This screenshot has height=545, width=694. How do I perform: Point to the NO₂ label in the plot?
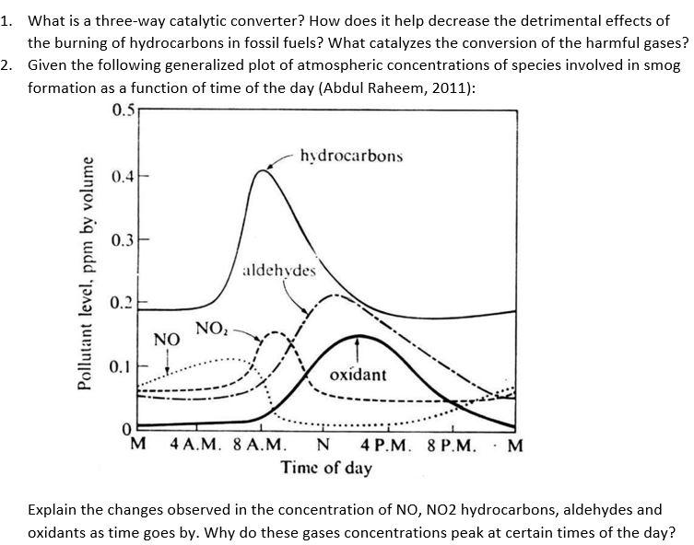[x=211, y=329]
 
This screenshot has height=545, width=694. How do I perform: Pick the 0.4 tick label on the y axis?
[x=122, y=175]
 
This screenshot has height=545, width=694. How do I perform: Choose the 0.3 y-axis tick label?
[x=122, y=239]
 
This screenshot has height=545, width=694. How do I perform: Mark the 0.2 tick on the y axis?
[x=122, y=303]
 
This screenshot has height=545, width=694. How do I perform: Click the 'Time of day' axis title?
[x=326, y=469]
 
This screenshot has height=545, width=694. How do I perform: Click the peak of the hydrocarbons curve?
[x=265, y=170]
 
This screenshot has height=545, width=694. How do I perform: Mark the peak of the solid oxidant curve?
[x=359, y=336]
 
